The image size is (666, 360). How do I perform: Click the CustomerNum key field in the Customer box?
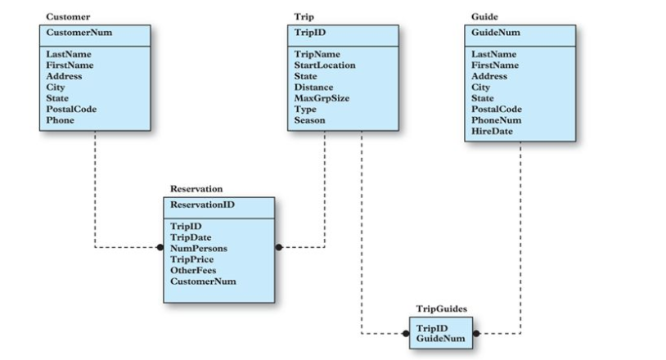tap(79, 34)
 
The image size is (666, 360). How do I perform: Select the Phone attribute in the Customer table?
tap(60, 120)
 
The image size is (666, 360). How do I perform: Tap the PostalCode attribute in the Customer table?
tap(70, 109)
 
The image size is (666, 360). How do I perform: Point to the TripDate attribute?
tap(191, 237)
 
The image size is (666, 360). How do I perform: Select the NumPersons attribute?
tap(198, 248)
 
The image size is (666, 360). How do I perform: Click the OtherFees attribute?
tap(193, 270)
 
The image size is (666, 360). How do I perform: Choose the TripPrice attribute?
tap(191, 259)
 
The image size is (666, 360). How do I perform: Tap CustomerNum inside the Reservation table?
tap(202, 281)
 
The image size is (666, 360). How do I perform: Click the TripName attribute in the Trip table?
tap(317, 54)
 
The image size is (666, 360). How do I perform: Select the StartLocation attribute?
tap(327, 65)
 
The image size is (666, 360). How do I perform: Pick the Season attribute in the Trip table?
tap(309, 120)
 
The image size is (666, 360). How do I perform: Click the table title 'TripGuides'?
tap(442, 309)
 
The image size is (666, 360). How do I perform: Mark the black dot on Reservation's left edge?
tap(161, 247)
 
